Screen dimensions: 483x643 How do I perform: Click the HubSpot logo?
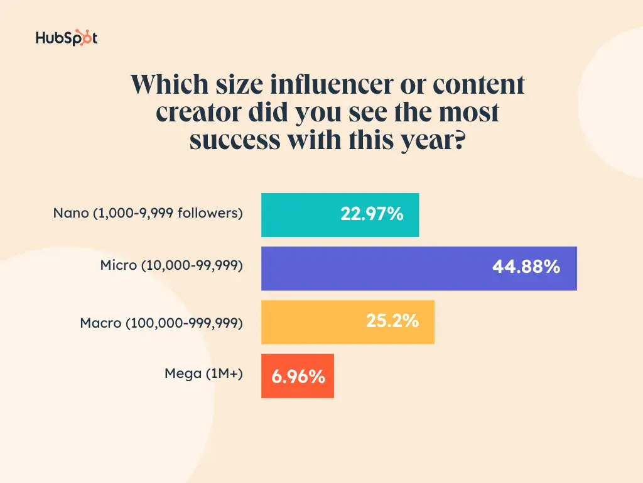tap(67, 38)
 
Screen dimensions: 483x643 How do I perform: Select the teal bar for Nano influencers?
tap(301, 215)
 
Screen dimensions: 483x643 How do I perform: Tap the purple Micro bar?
tap(377, 269)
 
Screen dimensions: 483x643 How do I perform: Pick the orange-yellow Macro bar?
tap(314, 322)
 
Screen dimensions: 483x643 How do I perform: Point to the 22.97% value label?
tap(372, 214)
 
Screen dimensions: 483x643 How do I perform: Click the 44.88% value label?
tap(526, 267)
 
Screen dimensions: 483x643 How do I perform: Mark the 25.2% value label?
tap(392, 321)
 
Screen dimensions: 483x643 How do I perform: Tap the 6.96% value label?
tap(298, 377)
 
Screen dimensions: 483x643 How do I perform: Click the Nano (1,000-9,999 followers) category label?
tap(148, 213)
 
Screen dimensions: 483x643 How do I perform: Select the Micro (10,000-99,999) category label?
tap(171, 266)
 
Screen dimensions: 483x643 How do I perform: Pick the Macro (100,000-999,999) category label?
tap(161, 324)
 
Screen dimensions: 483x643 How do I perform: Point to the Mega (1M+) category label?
tap(203, 374)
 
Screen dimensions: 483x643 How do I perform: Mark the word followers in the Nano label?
tap(210, 213)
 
